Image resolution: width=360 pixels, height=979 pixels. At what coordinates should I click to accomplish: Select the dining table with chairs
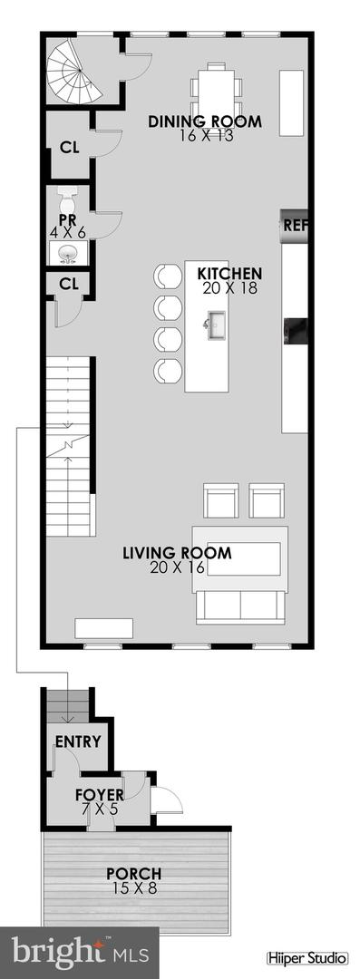coord(217,89)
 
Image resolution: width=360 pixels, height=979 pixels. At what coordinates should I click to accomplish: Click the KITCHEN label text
coord(230,273)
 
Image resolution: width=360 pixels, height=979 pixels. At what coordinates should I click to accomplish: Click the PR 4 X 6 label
coord(67,226)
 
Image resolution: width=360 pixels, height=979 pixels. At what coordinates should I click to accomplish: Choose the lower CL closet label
coord(69,283)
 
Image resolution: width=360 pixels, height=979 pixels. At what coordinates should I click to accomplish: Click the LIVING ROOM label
coord(178,552)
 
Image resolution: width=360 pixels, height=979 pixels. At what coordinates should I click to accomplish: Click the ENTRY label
coord(78,741)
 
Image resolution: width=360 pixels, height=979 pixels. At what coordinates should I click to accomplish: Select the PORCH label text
coord(133,874)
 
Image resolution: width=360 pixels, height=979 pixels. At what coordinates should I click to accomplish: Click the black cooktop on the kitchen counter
coord(297,330)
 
